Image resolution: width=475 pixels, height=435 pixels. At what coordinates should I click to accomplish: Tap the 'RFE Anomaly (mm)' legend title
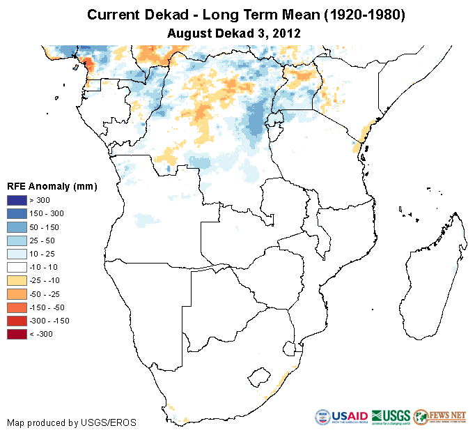pyautogui.click(x=52, y=186)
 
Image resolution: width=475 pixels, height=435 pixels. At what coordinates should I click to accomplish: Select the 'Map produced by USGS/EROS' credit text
pyautogui.click(x=72, y=422)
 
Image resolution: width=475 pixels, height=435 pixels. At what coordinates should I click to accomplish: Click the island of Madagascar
pyautogui.click(x=435, y=279)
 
